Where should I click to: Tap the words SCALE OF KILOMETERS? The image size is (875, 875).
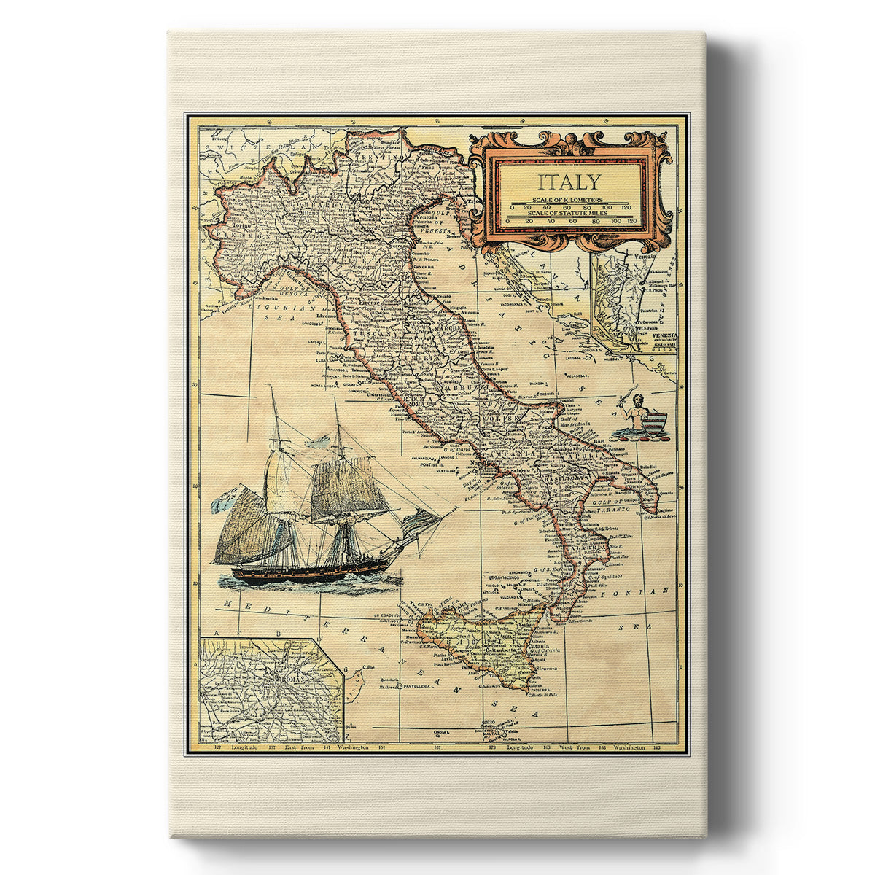[567, 199]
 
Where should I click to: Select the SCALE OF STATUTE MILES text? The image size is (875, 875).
[571, 211]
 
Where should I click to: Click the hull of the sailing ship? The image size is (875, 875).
[292, 574]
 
